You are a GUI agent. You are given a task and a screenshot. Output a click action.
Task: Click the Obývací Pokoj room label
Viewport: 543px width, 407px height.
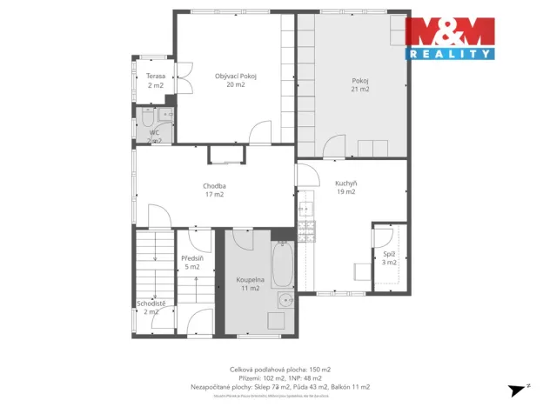click(x=236, y=81)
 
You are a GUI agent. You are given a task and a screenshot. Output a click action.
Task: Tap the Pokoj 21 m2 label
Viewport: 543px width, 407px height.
click(x=360, y=83)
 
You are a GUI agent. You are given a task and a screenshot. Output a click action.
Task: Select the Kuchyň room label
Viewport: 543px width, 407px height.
click(x=345, y=187)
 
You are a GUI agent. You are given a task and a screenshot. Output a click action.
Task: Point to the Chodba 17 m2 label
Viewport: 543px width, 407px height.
click(x=215, y=190)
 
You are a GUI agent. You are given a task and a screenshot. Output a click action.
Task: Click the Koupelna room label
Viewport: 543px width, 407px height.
click(x=250, y=284)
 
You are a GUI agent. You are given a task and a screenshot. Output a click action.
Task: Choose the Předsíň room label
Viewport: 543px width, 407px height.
click(x=191, y=263)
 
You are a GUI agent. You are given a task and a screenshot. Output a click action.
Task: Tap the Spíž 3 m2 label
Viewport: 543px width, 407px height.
click(x=389, y=257)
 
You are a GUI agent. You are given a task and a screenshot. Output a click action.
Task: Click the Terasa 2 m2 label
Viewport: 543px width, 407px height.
click(x=156, y=81)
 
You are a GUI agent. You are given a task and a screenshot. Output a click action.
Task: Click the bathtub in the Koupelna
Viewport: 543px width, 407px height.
click(x=282, y=264)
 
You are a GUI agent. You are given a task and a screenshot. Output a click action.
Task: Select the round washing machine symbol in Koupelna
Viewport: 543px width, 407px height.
click(x=284, y=301)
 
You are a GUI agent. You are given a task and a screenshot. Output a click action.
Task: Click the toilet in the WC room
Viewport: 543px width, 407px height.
click(x=146, y=117)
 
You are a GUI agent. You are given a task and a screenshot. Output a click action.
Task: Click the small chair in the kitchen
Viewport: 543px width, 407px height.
click(x=359, y=272)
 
